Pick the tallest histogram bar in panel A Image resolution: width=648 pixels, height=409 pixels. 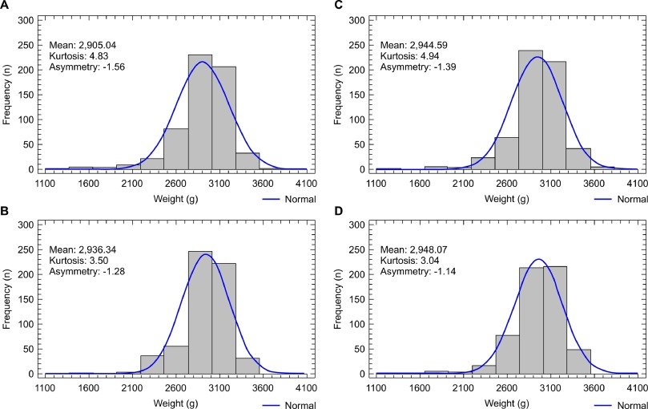[x=199, y=112]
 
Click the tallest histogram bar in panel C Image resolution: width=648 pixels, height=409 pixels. [x=530, y=111]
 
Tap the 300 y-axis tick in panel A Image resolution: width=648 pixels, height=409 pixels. [x=28, y=18]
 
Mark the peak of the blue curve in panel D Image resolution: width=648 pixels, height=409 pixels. [x=537, y=259]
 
